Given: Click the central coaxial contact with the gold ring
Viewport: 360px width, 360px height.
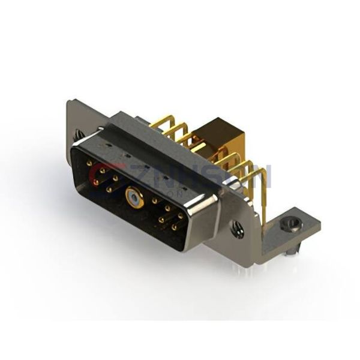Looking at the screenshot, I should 132,196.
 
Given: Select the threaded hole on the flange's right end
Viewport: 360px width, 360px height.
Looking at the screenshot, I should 238,229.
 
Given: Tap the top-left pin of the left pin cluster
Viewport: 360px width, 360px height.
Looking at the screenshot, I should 89,163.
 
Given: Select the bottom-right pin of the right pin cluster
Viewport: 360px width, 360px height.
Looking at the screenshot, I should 174,227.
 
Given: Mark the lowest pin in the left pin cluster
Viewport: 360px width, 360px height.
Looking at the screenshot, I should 109,190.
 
